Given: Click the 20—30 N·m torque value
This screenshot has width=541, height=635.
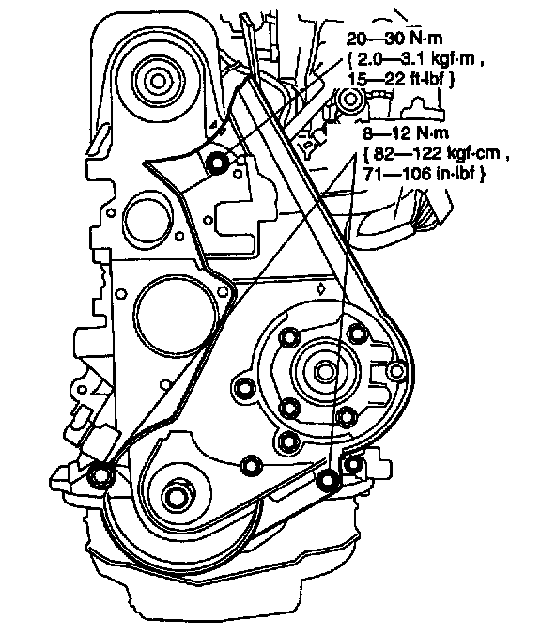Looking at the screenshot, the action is pos(394,39).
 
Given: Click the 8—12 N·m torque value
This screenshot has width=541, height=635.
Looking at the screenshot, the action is pos(407,132).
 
